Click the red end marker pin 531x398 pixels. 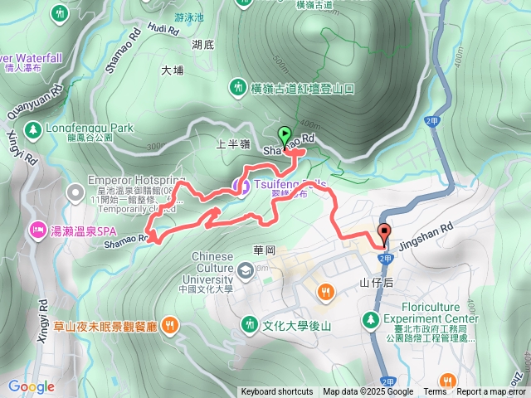tap(384, 233)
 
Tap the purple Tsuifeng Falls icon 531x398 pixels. tap(242, 187)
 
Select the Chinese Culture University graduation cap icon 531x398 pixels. tap(246, 270)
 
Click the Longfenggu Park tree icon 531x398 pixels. tap(32, 129)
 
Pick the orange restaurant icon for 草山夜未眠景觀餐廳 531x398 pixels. tap(169, 323)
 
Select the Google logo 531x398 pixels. tap(31, 386)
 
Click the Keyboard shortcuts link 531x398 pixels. tap(277, 392)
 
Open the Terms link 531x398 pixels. tap(435, 392)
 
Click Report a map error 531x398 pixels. tap(491, 392)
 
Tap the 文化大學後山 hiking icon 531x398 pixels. tap(248, 323)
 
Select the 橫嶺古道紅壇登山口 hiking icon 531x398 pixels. tap(238, 87)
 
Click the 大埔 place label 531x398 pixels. tap(173, 70)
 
